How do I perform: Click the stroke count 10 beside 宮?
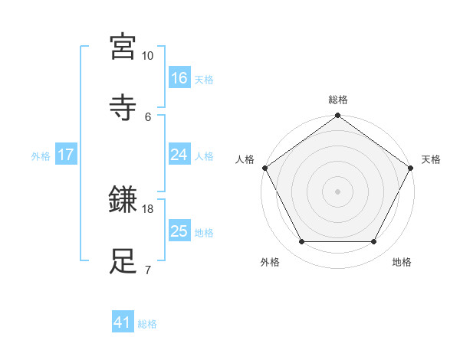[147, 56]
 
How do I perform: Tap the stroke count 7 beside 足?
[147, 270]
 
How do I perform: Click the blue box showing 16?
[179, 78]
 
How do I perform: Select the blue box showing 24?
[179, 155]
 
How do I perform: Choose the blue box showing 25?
[179, 231]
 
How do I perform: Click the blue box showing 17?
[65, 155]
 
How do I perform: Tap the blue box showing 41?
[123, 323]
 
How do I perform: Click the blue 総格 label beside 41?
[147, 324]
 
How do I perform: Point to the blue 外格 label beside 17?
[41, 155]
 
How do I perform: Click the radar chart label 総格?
[338, 100]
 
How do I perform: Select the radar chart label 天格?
[431, 159]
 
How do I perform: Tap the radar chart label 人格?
[245, 159]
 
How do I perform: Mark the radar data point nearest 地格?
[374, 242]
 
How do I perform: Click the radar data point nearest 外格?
[301, 242]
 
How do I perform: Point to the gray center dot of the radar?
[338, 191]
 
